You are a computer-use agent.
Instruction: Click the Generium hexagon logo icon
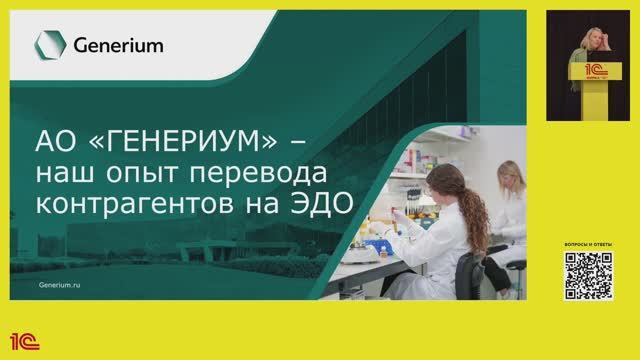pyautogui.click(x=45, y=45)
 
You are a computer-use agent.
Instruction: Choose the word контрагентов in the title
pyautogui.click(x=140, y=207)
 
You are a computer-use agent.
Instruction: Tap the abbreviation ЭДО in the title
pyautogui.click(x=321, y=207)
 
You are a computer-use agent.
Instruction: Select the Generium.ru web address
pyautogui.click(x=60, y=284)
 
